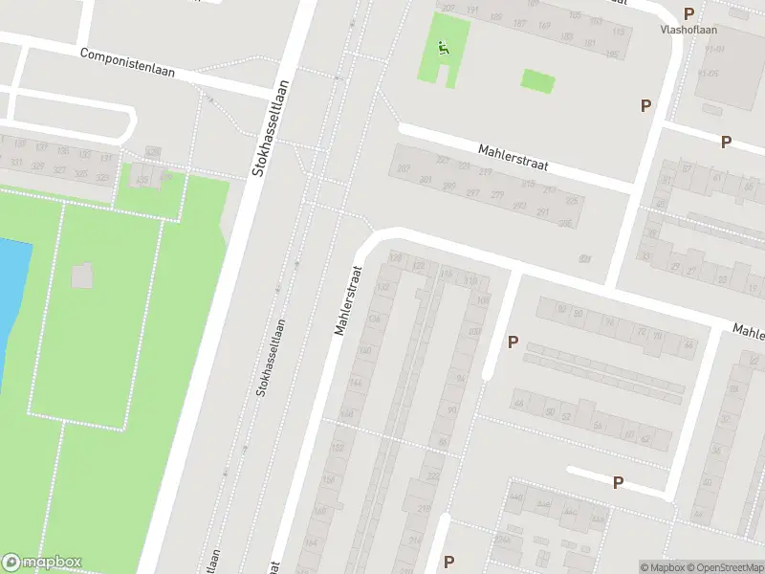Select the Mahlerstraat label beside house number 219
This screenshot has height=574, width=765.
(514, 156)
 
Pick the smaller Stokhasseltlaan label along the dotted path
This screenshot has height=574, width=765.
(271, 358)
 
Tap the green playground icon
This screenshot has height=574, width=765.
(442, 49)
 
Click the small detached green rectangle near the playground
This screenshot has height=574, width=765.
(538, 80)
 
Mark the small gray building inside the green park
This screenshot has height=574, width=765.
(83, 276)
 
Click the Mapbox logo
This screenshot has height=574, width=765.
(42, 563)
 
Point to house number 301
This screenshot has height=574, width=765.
(426, 181)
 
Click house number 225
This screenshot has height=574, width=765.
(572, 201)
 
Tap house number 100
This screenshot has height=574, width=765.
(474, 332)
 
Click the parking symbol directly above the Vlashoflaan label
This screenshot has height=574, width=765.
(688, 13)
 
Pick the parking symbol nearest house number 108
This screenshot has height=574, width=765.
(513, 342)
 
